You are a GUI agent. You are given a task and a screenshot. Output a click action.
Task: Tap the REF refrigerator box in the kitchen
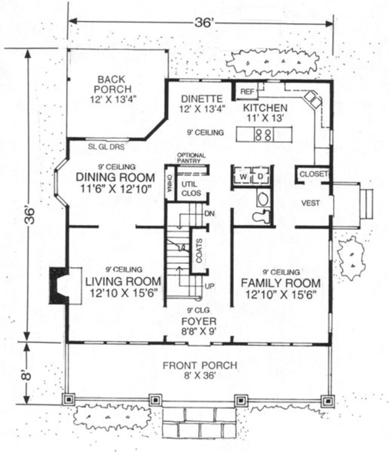[x=247, y=92]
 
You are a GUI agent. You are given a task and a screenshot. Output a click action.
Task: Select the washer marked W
[x=242, y=177]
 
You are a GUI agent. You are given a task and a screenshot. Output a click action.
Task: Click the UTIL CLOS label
[x=191, y=188]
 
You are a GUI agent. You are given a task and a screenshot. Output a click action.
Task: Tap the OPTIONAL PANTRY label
[x=191, y=158]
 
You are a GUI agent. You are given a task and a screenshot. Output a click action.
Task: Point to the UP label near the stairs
[x=209, y=286]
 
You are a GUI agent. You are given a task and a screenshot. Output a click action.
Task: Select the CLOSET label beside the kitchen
[x=314, y=174]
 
